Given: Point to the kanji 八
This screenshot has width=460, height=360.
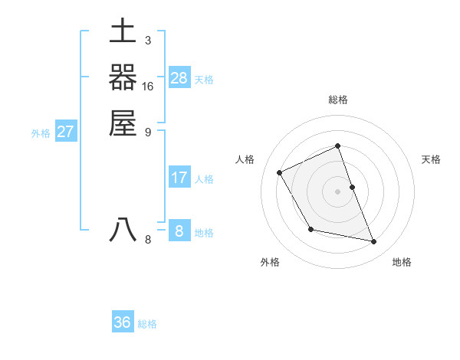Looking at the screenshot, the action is [x=123, y=230].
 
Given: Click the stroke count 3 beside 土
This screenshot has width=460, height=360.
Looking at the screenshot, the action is [x=147, y=41].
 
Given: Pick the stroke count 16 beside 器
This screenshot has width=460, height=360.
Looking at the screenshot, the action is [x=148, y=87].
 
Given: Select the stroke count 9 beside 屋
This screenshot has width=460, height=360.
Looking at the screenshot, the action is [x=147, y=132].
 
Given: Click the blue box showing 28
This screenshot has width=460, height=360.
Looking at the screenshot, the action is [x=179, y=78].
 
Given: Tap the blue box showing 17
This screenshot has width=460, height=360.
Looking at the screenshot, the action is [x=179, y=178].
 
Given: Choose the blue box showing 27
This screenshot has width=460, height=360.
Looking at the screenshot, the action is [x=66, y=132].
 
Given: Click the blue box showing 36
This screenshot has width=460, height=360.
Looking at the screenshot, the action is [x=123, y=322].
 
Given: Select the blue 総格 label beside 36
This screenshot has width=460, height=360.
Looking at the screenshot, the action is [x=147, y=324].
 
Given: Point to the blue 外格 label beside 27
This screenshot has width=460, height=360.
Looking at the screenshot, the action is [x=41, y=133].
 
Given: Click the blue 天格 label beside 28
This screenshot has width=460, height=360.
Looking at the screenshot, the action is [x=204, y=80].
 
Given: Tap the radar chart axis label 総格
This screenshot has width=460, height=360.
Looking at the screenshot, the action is [x=338, y=100].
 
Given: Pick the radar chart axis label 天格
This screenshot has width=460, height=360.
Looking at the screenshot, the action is [x=432, y=159].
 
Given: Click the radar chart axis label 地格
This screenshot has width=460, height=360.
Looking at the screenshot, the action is [x=402, y=262].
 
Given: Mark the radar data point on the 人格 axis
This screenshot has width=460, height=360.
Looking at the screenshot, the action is [x=280, y=172].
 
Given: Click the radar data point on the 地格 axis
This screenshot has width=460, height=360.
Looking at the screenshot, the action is [x=374, y=242].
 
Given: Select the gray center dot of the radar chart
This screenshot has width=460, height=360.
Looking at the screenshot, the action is [x=338, y=191].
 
